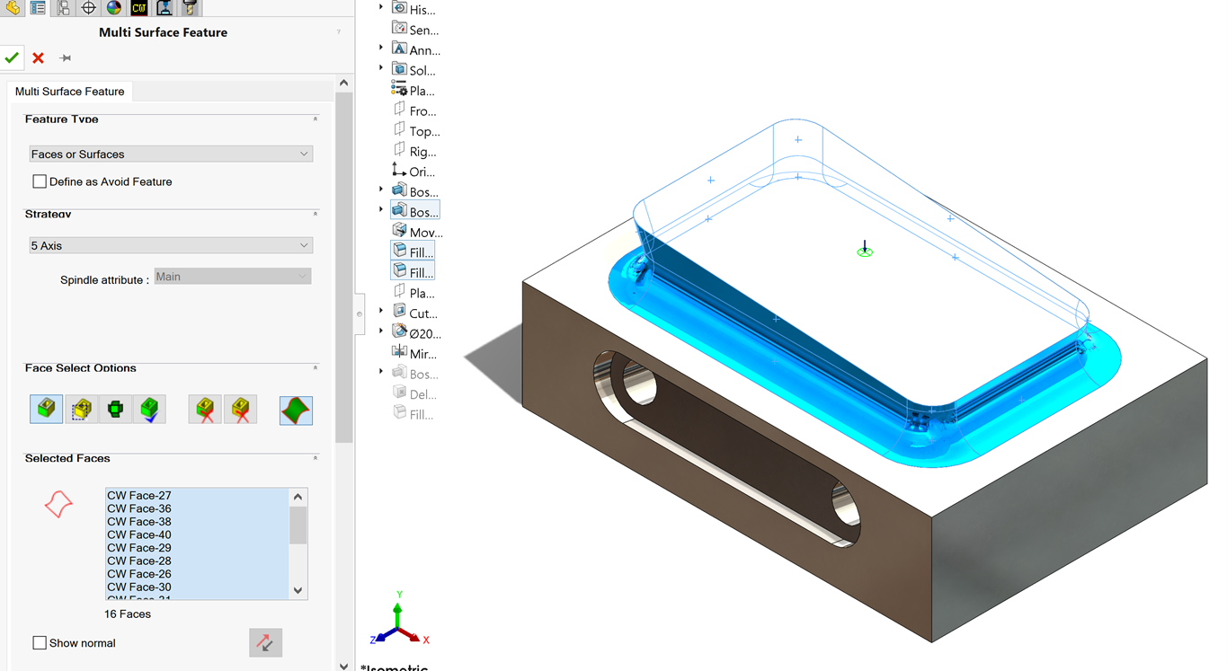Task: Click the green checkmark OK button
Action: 12,57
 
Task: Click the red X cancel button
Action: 38,57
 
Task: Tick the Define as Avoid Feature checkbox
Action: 40,181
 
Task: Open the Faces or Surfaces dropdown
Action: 170,155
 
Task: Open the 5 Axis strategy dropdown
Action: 170,245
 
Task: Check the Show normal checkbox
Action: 40,643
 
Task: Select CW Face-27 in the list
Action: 138,496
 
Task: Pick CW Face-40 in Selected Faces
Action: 138,534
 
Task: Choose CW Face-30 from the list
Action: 138,587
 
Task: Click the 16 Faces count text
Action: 128,614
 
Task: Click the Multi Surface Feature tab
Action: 69,92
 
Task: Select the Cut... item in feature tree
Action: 422,313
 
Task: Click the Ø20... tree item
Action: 424,333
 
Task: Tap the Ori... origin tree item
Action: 422,172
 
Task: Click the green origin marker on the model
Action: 865,252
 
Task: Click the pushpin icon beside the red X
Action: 66,57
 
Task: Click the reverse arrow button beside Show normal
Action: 265,642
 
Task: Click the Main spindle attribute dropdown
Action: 233,277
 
